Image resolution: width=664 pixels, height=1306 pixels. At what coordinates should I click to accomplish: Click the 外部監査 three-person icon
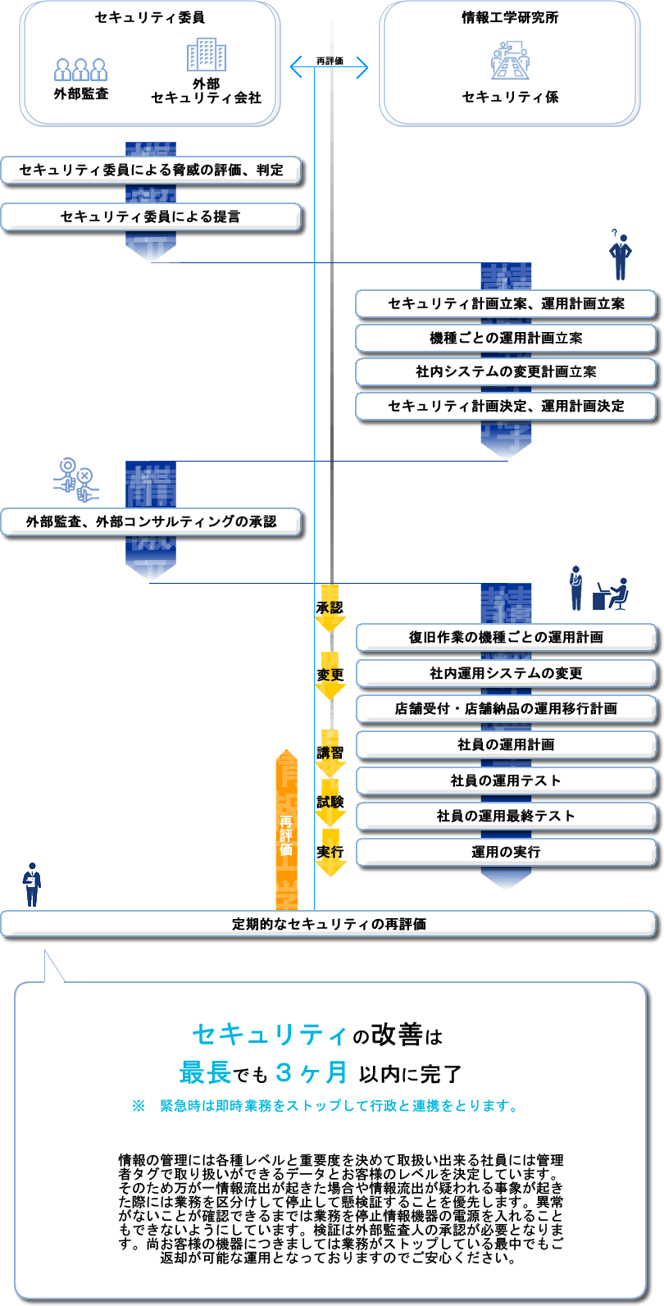point(81,69)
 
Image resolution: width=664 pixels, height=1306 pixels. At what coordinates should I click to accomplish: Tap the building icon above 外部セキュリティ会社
point(206,56)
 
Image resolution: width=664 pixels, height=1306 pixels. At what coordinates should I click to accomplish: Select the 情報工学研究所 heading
point(510,17)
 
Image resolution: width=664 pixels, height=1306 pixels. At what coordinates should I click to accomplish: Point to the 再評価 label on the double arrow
point(330,61)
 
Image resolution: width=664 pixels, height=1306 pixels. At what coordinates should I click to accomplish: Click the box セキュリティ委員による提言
point(152,216)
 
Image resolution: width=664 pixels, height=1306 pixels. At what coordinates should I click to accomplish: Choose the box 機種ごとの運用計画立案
point(506,338)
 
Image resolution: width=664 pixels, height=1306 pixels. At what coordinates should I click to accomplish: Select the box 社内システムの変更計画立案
point(506,371)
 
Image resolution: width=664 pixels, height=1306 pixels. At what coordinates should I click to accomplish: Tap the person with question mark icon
point(621,255)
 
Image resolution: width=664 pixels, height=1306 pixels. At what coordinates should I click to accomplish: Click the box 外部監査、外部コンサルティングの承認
point(152,521)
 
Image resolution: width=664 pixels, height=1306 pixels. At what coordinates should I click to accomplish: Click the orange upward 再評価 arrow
point(286,828)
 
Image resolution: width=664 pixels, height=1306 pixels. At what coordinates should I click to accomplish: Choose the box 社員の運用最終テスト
point(506,816)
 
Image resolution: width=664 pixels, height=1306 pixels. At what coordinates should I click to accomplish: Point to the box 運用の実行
point(506,852)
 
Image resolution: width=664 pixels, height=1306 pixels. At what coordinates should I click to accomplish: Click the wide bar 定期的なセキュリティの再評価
point(329,924)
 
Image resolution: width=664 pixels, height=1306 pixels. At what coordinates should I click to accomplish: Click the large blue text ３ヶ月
point(312,1072)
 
